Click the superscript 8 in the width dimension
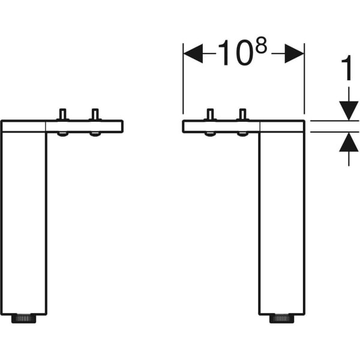point(261,45)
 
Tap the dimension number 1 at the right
point(347,67)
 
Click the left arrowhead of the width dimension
point(193,53)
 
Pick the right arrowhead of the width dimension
point(295,53)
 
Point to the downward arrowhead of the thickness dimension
point(349,110)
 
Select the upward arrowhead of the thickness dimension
point(349,142)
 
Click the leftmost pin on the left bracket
point(62,114)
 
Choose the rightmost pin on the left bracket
point(95,114)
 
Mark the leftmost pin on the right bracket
point(210,114)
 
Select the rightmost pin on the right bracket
point(242,114)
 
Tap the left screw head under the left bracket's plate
point(62,134)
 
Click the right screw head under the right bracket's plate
point(242,134)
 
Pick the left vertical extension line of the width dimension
point(183,78)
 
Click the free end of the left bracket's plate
point(122,126)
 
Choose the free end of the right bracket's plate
point(184,126)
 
